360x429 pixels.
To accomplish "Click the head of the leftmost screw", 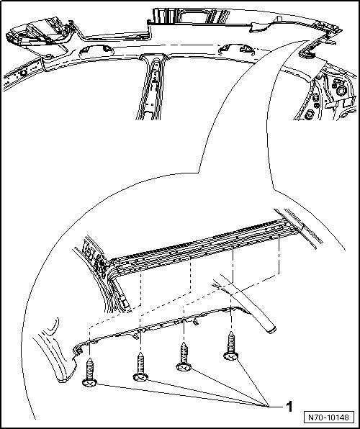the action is tap(89, 382).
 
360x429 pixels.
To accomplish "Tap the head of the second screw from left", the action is tap(140, 377).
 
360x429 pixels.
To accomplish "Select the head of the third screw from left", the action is tap(184, 366).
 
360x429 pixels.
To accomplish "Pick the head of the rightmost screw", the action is tap(231, 356).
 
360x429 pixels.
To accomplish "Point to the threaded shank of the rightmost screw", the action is tap(232, 342).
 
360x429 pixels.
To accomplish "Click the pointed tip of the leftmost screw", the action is tap(90, 358).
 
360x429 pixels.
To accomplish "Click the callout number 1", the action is tap(289, 407).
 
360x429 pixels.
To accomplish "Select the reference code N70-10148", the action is tap(329, 417).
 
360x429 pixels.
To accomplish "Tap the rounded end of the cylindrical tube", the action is tap(271, 330).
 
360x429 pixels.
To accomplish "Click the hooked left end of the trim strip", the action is tap(77, 351).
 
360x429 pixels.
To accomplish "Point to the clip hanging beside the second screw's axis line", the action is tap(135, 336).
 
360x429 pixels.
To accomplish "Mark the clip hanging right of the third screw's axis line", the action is tap(195, 322).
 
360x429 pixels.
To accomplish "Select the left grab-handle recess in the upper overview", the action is tap(96, 50).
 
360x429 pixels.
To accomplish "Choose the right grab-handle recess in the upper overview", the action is tap(237, 49).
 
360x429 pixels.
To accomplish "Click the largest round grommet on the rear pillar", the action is tap(342, 90).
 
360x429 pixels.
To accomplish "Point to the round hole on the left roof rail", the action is tap(23, 73).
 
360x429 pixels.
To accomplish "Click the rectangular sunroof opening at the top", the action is tap(192, 16).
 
